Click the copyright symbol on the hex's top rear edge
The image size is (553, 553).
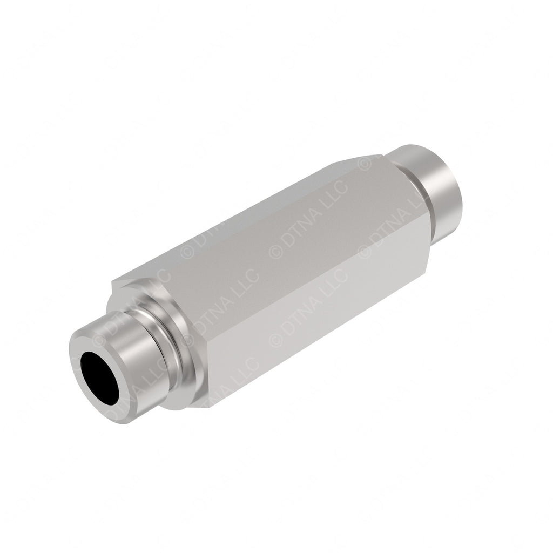point(365,163)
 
